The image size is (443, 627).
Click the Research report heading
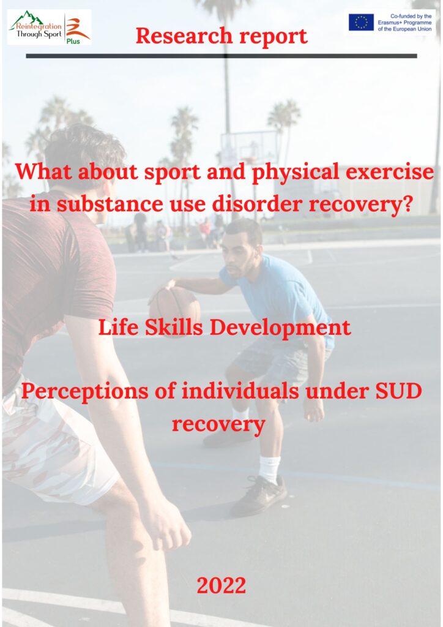(x=221, y=36)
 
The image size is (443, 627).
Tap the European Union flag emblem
(x=361, y=23)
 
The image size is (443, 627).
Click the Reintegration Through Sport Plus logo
(x=50, y=27)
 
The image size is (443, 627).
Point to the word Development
(x=280, y=328)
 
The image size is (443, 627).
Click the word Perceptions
(x=84, y=391)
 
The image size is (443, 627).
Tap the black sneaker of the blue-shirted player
(x=259, y=495)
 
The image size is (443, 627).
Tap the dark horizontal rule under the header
(x=221, y=56)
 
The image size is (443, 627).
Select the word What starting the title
(x=43, y=171)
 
